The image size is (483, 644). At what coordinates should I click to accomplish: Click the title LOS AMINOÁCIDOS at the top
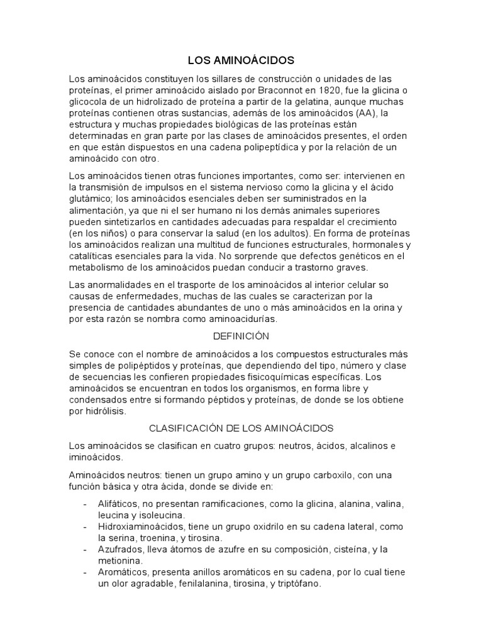pyautogui.click(x=241, y=61)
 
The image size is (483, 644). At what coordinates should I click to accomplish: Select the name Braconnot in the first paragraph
pyautogui.click(x=280, y=90)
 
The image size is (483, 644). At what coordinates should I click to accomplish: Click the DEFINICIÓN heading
pyautogui.click(x=241, y=336)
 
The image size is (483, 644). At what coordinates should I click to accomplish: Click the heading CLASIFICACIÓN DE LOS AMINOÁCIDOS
pyautogui.click(x=241, y=428)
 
